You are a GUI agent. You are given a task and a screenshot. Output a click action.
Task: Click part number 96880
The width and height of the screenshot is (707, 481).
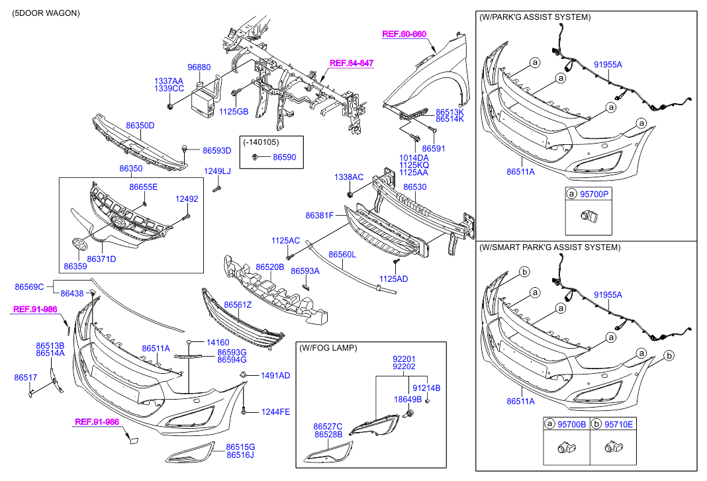click(x=199, y=67)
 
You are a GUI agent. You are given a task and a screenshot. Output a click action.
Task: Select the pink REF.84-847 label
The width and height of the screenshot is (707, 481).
click(x=352, y=63)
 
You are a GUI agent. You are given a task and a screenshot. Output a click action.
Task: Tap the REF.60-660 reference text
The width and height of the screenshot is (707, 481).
click(x=404, y=34)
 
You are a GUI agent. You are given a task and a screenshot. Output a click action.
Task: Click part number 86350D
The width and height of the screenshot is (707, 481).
click(x=140, y=125)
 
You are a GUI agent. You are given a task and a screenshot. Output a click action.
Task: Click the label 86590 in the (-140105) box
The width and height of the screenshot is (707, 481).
click(x=285, y=157)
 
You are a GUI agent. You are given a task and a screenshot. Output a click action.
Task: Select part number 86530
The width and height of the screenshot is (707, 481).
click(x=415, y=187)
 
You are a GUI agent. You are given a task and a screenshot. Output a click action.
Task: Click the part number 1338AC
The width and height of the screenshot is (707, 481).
click(x=349, y=177)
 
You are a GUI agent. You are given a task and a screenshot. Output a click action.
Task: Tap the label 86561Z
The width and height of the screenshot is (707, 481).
click(x=238, y=304)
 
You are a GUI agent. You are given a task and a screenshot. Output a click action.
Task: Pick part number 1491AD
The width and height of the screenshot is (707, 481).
click(x=275, y=375)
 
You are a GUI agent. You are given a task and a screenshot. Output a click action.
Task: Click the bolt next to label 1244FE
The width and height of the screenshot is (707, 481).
click(x=245, y=411)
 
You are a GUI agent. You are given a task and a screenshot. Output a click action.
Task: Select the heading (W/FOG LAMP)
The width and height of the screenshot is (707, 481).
click(x=328, y=347)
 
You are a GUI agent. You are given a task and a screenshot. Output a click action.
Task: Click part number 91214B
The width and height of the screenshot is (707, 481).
click(x=426, y=388)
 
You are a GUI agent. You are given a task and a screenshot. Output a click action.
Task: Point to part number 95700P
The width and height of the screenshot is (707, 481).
click(x=595, y=195)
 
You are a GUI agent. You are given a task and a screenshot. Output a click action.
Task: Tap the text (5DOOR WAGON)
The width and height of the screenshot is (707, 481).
click(x=46, y=13)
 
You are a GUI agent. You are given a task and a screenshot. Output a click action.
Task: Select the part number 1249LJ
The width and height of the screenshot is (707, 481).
click(x=216, y=171)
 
